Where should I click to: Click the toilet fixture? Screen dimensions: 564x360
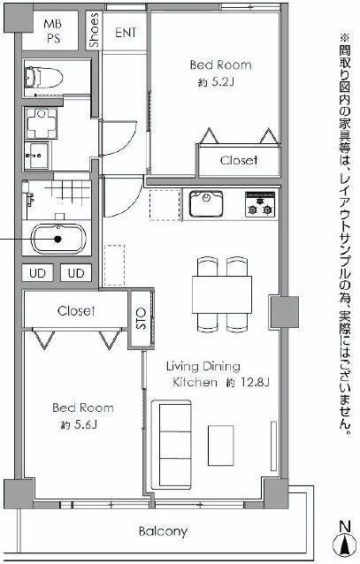pyautogui.click(x=42, y=79)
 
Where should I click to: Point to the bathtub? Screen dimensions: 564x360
pyautogui.click(x=57, y=239)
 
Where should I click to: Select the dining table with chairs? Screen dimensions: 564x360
pyautogui.click(x=220, y=291)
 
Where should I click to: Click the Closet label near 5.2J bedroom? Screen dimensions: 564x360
pyautogui.click(x=239, y=160)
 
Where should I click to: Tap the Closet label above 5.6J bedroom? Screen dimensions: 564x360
pyautogui.click(x=76, y=311)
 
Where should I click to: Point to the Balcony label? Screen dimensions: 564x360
pyautogui.click(x=163, y=531)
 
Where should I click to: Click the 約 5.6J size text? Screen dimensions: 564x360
pyautogui.click(x=80, y=425)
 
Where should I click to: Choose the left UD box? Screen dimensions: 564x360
pyautogui.click(x=37, y=272)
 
